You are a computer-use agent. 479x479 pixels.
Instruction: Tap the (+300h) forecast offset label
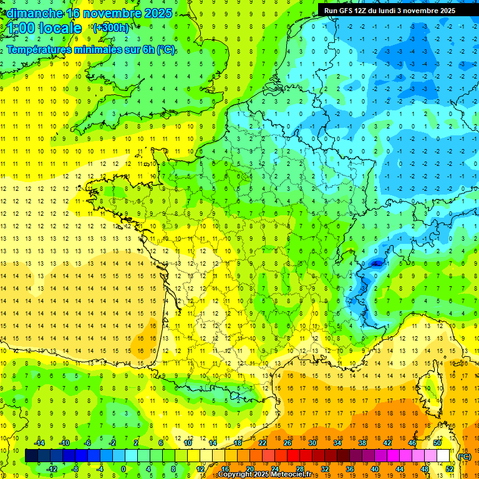110,27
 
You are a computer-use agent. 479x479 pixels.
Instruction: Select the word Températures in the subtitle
37,50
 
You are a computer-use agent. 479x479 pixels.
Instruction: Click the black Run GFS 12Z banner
389,10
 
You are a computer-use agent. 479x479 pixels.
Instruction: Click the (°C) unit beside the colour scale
464,457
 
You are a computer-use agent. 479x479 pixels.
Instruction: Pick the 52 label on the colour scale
449,469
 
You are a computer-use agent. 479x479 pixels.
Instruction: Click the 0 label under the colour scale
123,469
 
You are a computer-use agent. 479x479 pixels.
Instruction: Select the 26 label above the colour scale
287,443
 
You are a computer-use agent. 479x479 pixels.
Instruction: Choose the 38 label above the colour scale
362,443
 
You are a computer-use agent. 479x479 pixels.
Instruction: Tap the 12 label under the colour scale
200,469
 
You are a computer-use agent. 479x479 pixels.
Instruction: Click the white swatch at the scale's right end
443,456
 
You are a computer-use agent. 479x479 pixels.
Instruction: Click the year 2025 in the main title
157,13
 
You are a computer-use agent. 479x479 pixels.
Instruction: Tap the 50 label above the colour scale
437,443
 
